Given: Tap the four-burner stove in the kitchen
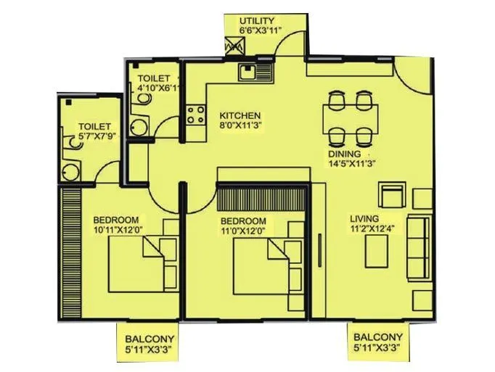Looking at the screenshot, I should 195,115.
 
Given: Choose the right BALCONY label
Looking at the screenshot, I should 377,338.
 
